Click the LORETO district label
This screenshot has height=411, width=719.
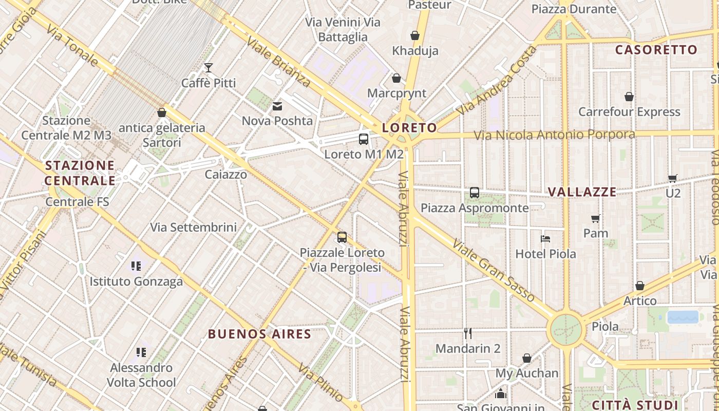coord(410,128)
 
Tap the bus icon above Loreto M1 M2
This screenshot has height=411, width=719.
coord(364,139)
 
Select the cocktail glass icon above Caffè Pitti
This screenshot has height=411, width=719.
coord(208,68)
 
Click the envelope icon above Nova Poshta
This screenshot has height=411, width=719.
coord(277,106)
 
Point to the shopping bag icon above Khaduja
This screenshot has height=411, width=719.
coord(415,35)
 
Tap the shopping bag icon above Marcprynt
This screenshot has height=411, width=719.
coord(396,78)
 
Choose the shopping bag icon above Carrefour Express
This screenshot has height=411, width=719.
coord(629,97)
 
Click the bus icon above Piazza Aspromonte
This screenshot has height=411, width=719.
coord(475,193)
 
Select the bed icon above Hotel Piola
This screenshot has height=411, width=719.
coord(545,238)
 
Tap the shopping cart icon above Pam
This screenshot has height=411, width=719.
coord(596,218)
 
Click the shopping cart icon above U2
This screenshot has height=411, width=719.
coord(673,178)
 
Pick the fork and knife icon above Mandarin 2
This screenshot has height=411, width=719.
coord(468,333)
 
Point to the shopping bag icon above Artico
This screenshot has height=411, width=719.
coord(640,286)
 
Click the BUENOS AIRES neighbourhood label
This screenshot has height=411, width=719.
coord(260,334)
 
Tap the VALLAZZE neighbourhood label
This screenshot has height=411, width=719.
coord(582,192)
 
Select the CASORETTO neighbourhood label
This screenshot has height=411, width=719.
coord(656,50)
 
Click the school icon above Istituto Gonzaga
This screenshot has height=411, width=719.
coord(136,266)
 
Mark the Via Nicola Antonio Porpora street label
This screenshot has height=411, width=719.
coord(554,135)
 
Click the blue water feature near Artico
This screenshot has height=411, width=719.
coord(683,317)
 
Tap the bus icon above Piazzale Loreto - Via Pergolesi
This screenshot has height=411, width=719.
coord(342,237)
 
